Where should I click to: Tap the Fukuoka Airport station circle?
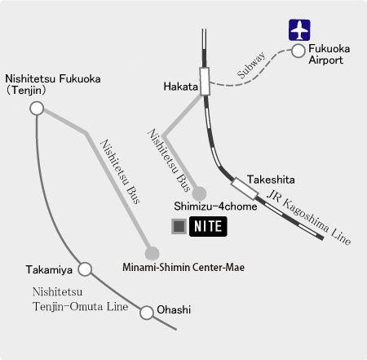pos(298,51)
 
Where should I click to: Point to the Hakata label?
pos(179,86)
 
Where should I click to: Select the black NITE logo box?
pos(208,226)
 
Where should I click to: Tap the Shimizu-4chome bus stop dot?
pos(200,193)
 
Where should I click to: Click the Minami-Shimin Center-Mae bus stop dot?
pos(151,251)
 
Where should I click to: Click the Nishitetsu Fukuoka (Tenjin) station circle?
pos(36,107)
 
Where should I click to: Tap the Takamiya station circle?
pos(85,269)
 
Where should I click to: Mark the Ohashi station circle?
pos(147,312)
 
